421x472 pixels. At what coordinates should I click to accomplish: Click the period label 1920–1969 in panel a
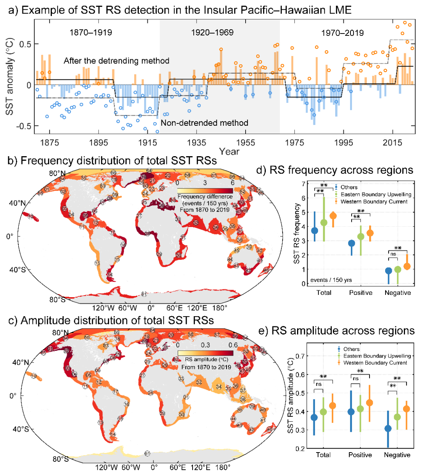(x=212, y=32)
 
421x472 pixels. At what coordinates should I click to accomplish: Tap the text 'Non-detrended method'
(x=205, y=123)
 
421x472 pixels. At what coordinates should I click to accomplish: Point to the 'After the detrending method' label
(x=116, y=61)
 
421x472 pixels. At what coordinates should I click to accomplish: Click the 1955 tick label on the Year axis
(x=245, y=143)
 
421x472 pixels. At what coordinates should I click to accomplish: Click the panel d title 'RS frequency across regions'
(x=335, y=170)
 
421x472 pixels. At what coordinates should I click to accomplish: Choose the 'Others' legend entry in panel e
(x=351, y=349)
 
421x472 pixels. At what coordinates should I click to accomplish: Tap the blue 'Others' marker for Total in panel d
(x=315, y=231)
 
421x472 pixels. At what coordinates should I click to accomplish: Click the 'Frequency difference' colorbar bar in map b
(x=205, y=191)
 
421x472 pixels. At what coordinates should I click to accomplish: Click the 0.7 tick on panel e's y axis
(x=300, y=356)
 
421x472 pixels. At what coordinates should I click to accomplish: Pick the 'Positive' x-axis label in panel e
(x=360, y=455)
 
